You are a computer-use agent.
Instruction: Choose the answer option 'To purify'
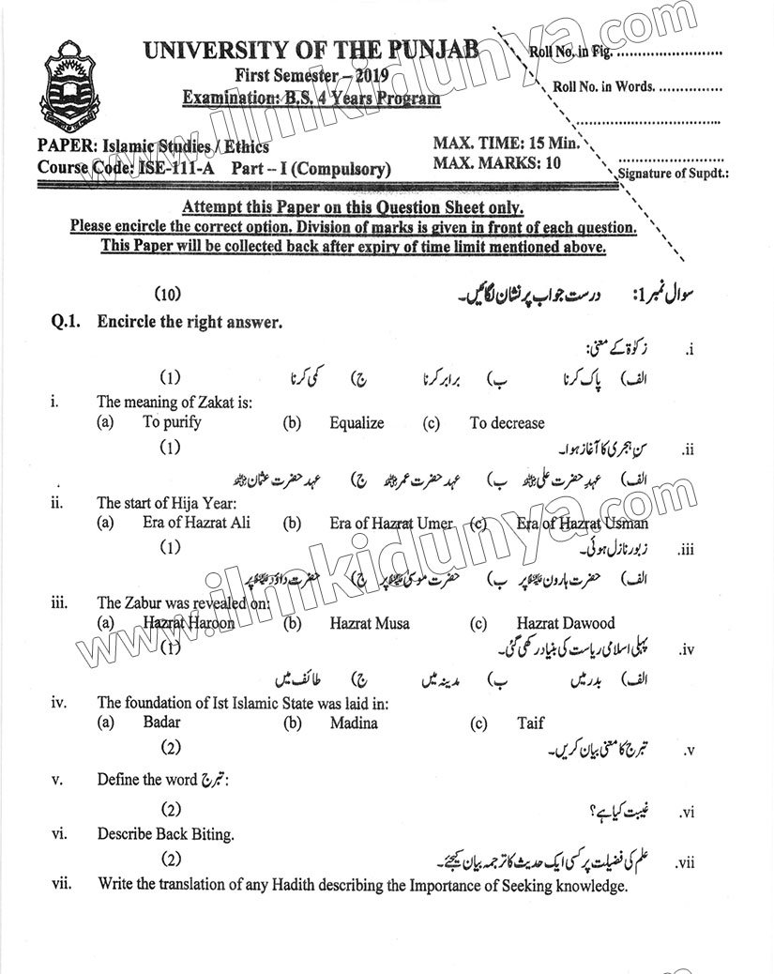172,422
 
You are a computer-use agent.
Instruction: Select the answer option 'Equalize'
357,423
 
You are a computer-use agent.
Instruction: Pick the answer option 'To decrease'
507,423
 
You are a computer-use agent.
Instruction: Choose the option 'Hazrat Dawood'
566,623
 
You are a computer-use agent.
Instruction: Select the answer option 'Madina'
354,723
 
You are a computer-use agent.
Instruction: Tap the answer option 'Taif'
530,723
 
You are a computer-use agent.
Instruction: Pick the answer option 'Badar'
161,723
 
